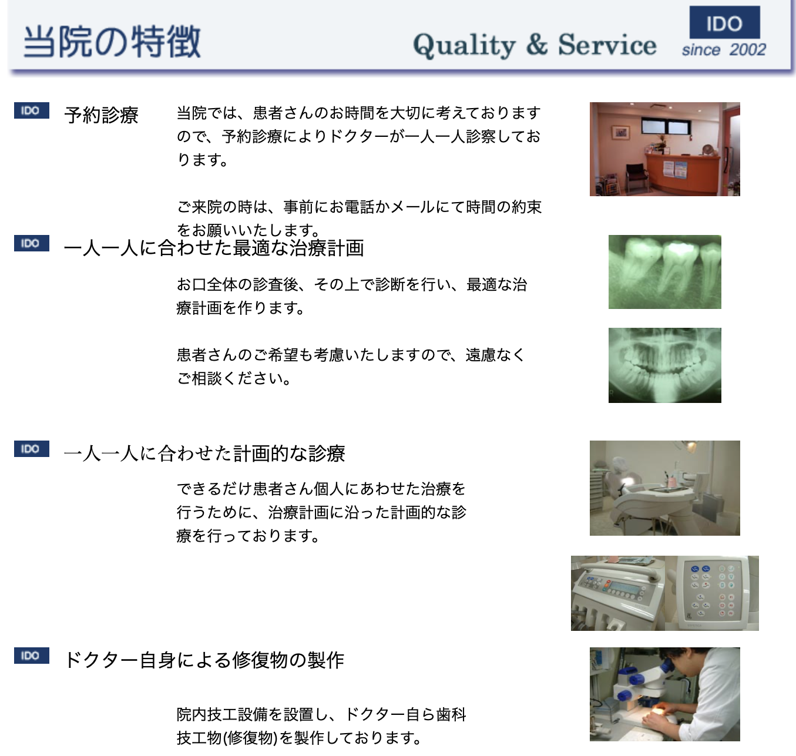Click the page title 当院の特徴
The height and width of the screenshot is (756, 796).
pos(112,41)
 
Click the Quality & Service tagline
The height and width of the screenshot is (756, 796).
pos(535,45)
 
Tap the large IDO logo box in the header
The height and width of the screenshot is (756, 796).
pos(724,23)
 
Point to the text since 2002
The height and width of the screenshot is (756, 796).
pos(724,50)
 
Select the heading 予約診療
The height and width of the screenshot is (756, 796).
pos(101,115)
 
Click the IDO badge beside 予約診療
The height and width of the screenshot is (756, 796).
pos(31,110)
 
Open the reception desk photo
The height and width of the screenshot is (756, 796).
pos(664,149)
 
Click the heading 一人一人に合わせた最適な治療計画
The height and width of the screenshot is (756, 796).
pos(214,248)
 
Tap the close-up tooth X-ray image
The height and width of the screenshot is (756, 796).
pos(664,272)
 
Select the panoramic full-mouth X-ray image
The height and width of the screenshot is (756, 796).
pos(664,365)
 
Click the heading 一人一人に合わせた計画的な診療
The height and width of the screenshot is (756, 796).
pos(204,453)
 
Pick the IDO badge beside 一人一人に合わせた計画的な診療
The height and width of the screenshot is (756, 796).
pos(31,449)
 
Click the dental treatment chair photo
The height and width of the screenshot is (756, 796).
pos(664,488)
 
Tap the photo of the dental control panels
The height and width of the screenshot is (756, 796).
pos(664,593)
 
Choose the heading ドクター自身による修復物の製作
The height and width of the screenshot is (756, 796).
pos(204,660)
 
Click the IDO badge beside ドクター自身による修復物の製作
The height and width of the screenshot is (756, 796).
pos(31,656)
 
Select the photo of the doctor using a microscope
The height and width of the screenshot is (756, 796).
pos(664,694)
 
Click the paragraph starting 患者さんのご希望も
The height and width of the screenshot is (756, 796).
pos(351,367)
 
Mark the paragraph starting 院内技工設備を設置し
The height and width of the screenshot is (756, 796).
pos(321,726)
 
